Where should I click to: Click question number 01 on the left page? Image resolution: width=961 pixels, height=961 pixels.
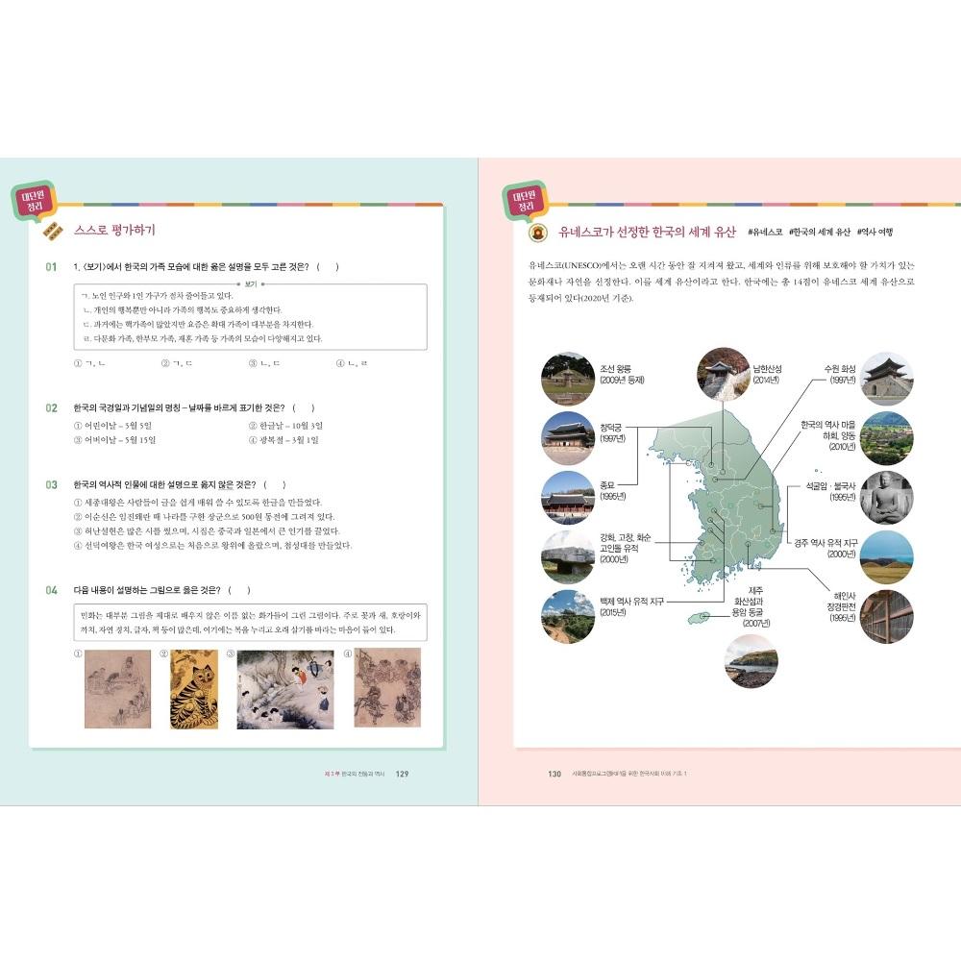[51, 266]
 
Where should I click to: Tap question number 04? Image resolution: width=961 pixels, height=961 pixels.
[51, 589]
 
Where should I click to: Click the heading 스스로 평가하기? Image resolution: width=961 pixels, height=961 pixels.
[114, 231]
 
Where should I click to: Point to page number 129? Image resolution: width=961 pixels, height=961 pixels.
[403, 775]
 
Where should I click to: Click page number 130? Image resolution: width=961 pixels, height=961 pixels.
[554, 775]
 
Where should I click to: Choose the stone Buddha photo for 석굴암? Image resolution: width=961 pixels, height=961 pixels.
[886, 496]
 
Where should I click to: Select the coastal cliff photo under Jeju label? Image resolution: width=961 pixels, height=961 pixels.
[751, 660]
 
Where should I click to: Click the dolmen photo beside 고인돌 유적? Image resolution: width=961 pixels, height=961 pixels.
[567, 555]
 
